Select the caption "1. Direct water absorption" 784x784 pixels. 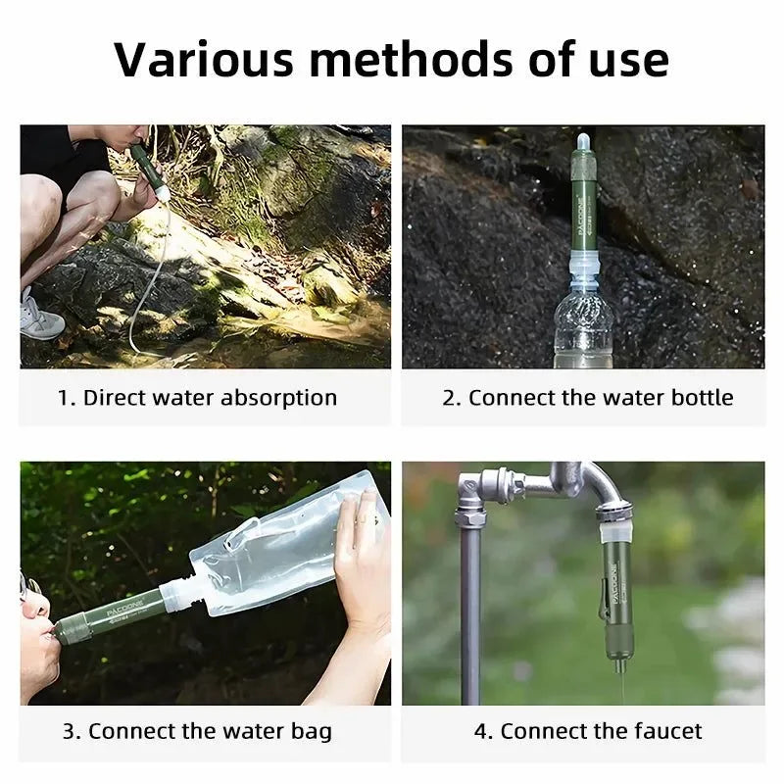coord(197,398)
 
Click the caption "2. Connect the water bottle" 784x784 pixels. coord(587,398)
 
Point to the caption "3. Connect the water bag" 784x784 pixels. coord(197,731)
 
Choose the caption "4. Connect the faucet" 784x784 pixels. coord(587,731)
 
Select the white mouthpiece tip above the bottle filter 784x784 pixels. coord(583,142)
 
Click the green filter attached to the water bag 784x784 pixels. coord(108,615)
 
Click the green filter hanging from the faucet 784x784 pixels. coord(618,598)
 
